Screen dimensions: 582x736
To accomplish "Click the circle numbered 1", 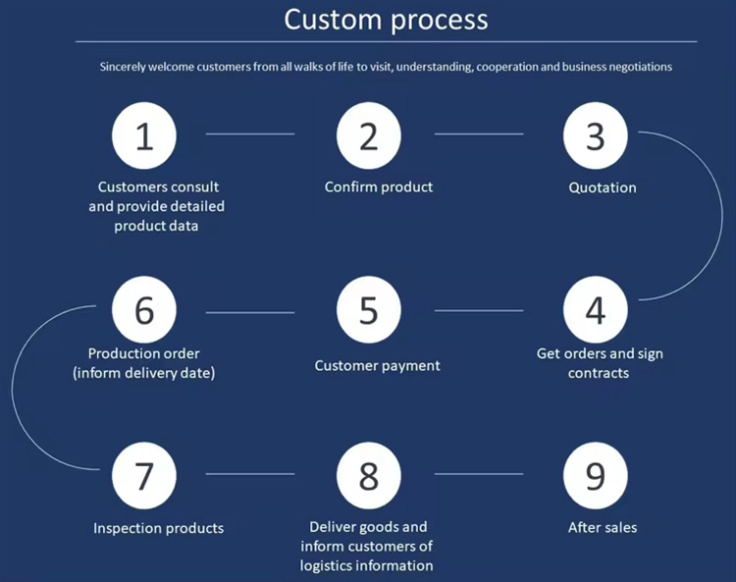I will (144, 135).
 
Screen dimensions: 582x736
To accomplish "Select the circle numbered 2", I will (369, 135).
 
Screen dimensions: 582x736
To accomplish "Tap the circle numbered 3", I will (596, 135).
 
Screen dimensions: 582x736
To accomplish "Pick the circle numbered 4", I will (596, 310).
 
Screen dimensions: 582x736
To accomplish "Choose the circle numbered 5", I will (369, 310).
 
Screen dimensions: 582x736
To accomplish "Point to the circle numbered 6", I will (144, 310).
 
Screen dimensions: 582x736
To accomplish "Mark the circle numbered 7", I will (144, 475).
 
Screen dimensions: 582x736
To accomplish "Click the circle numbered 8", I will (369, 475).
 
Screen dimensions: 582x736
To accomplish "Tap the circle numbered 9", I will (596, 475).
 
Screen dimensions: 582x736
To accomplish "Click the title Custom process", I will (386, 20).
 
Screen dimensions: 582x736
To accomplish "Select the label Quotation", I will (603, 187).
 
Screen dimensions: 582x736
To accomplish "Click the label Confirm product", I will (379, 186).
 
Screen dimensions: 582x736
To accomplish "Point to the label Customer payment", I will (377, 366).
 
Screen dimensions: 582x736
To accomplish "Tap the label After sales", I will (603, 528).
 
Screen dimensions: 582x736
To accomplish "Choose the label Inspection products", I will (158, 528).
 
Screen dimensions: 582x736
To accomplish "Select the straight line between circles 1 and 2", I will (250, 133).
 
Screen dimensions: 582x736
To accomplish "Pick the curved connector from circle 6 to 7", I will (14, 393).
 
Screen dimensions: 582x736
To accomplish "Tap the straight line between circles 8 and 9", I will (479, 474).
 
